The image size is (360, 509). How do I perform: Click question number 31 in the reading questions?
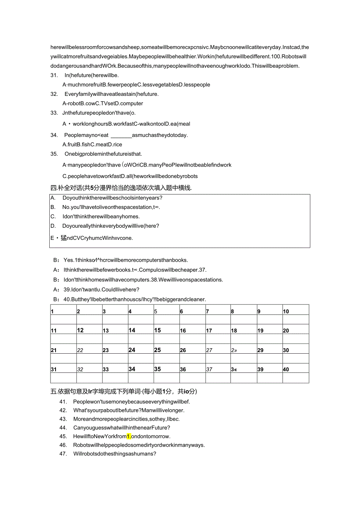(x=54, y=75)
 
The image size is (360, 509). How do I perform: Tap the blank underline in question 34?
(x=121, y=135)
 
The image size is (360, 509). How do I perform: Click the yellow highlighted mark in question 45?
(x=129, y=436)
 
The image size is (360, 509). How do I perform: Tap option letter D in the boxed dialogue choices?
(x=53, y=226)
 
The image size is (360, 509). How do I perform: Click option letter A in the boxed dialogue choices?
(x=53, y=198)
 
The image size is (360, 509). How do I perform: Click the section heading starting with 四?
(x=121, y=188)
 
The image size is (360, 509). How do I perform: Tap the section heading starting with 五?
(x=129, y=391)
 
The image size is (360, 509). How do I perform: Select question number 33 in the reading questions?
(x=54, y=113)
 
